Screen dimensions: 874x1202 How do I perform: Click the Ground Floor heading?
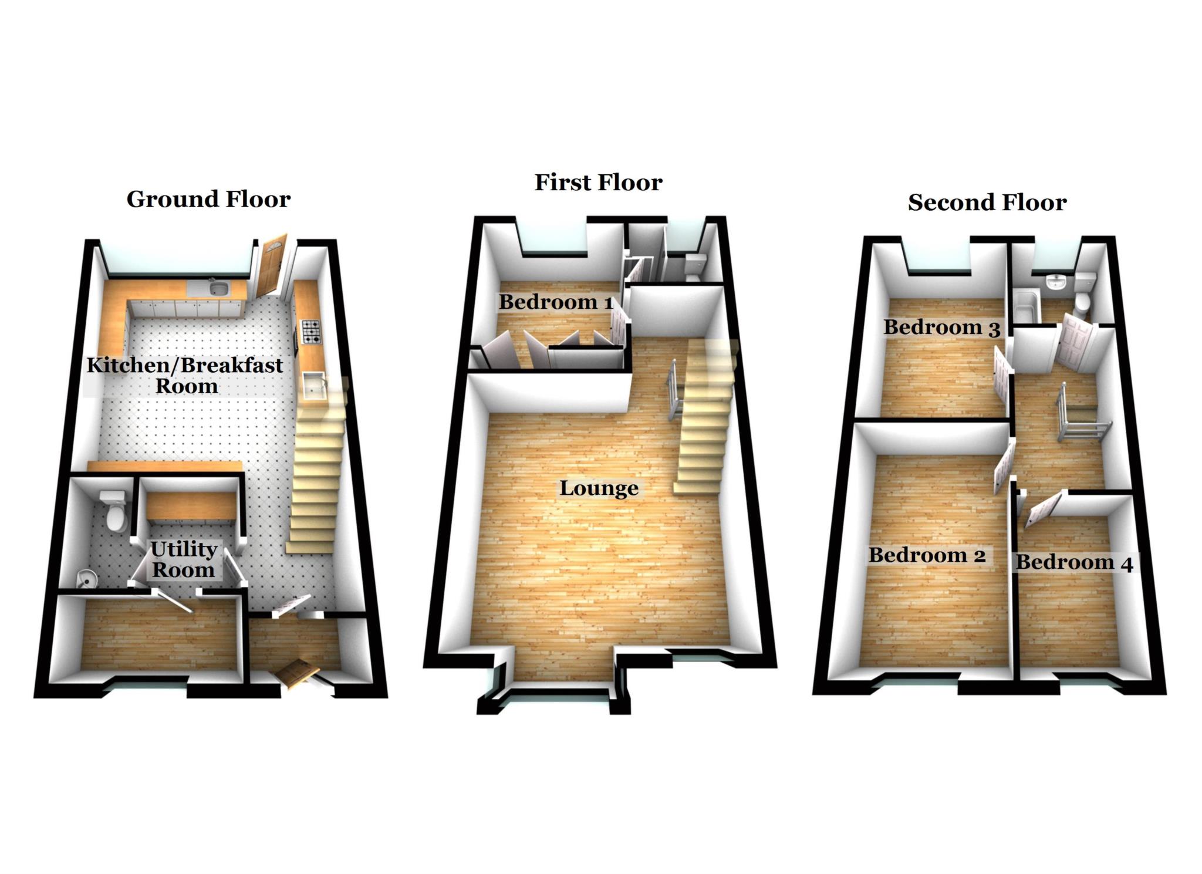[x=208, y=200]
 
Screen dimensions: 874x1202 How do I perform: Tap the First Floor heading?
[x=598, y=183]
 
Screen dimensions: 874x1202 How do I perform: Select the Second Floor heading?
[x=987, y=203]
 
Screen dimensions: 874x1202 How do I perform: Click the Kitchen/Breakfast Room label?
[x=185, y=376]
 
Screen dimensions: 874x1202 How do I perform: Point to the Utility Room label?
[x=184, y=559]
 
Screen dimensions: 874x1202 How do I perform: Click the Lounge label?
[x=599, y=488]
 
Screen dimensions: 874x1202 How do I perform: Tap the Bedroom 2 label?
[x=927, y=555]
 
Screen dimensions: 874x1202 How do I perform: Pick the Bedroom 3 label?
[x=941, y=328]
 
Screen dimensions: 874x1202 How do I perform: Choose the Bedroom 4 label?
[x=1074, y=562]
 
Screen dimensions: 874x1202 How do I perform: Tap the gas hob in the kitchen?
[x=310, y=331]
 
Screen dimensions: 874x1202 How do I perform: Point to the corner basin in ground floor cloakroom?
[x=86, y=579]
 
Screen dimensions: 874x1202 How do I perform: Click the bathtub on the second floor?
[x=1022, y=305]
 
